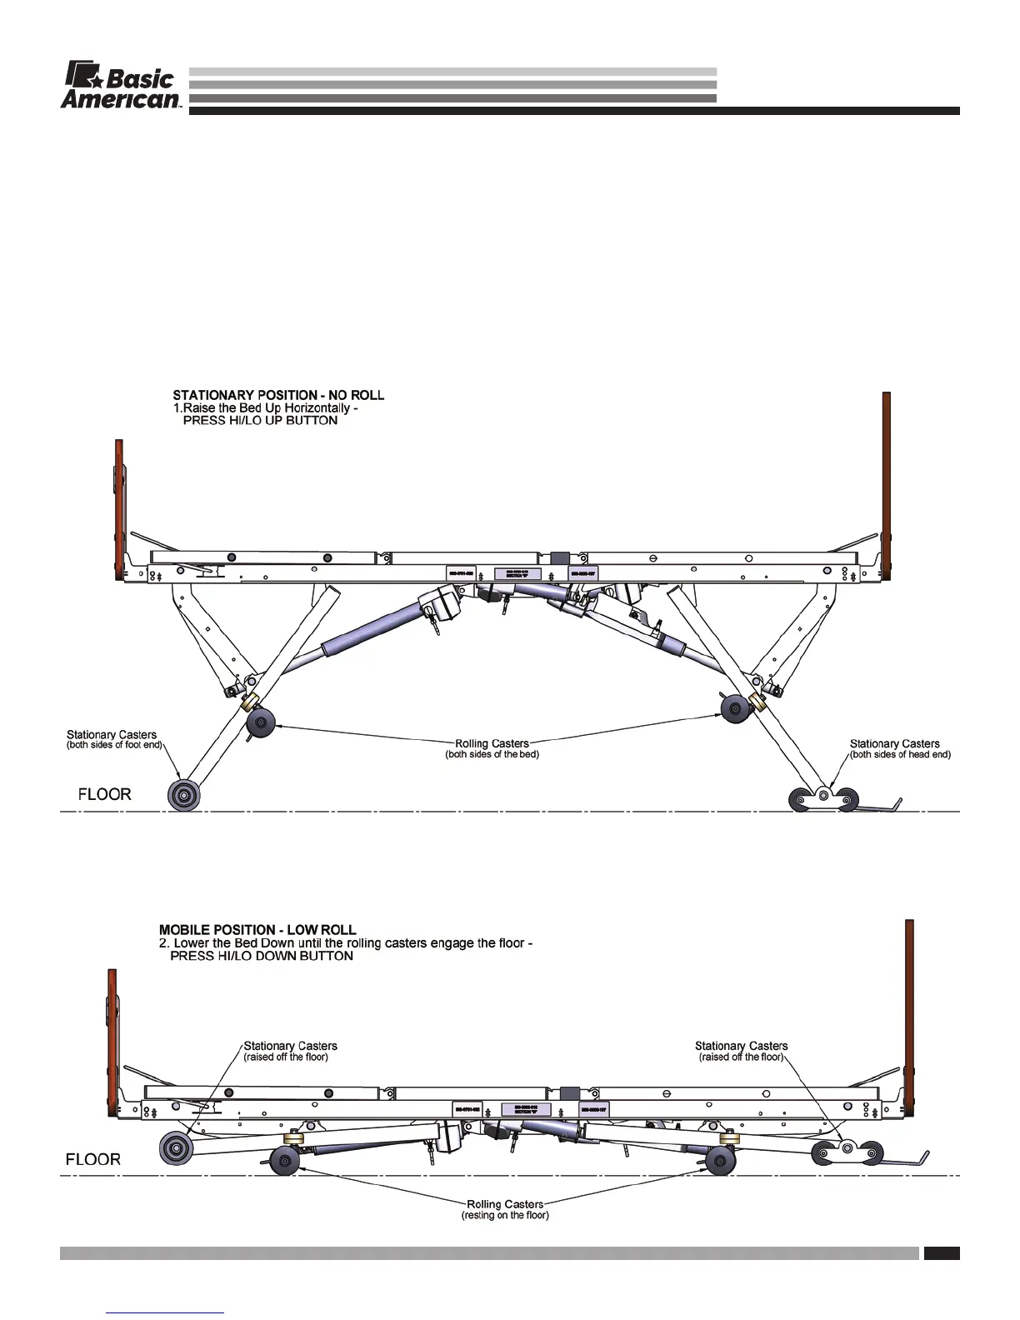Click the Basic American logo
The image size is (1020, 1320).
click(121, 86)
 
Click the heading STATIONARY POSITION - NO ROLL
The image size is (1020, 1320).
click(278, 395)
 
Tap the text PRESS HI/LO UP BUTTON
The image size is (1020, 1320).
click(260, 421)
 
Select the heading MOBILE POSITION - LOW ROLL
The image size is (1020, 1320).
click(257, 930)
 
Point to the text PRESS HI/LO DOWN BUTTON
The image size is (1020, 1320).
click(262, 957)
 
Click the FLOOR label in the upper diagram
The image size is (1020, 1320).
click(104, 794)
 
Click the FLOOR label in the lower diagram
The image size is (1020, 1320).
click(92, 1159)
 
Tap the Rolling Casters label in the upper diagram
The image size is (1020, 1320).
click(492, 743)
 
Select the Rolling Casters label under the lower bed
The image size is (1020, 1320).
click(505, 1204)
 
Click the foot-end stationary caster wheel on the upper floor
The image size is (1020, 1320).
click(184, 795)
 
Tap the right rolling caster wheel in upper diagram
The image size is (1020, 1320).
click(736, 709)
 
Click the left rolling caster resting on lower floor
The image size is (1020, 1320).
click(285, 1160)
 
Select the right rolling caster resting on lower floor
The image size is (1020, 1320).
click(721, 1160)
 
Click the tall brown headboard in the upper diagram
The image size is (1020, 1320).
click(887, 487)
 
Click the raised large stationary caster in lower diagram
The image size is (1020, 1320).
click(177, 1149)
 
